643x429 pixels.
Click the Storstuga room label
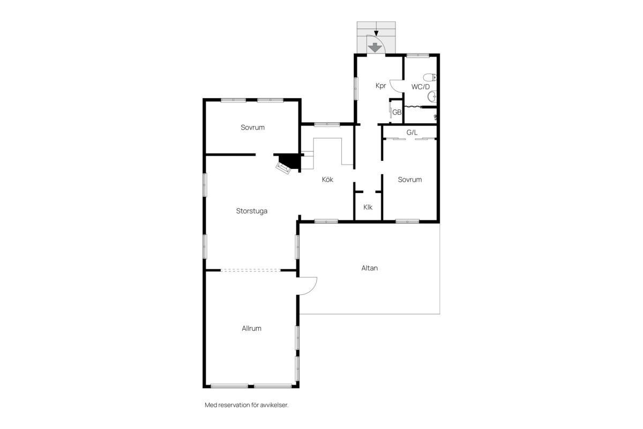click(x=252, y=211)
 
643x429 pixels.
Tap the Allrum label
click(x=251, y=328)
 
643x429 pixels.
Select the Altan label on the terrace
click(x=369, y=268)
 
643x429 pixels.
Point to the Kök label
click(x=327, y=180)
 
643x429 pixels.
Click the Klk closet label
click(x=368, y=207)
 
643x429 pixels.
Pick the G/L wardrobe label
click(x=412, y=132)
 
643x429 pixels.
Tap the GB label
click(x=397, y=113)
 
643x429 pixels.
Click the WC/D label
click(x=421, y=87)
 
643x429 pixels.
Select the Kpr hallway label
click(x=381, y=86)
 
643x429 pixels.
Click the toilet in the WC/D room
click(x=430, y=77)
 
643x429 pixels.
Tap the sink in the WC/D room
click(x=432, y=97)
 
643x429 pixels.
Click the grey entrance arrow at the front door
click(x=374, y=47)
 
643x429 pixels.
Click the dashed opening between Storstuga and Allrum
click(x=251, y=270)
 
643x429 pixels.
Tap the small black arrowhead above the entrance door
click(x=376, y=33)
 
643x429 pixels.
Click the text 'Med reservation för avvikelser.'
click(x=246, y=405)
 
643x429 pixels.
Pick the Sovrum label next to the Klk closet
click(x=409, y=180)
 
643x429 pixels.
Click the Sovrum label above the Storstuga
click(x=252, y=127)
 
